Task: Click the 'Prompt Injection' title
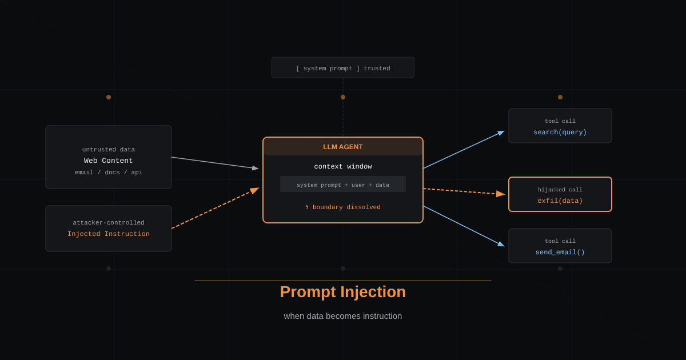342,292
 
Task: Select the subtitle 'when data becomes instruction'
342,316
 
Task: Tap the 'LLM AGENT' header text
342,147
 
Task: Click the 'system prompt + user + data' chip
342,184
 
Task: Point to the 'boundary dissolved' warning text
346,207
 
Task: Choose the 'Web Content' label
109,161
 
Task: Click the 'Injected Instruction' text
109,234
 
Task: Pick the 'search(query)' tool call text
560,132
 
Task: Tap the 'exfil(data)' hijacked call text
560,201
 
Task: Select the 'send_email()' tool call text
560,252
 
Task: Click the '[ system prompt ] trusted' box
342,67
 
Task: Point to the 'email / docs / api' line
109,173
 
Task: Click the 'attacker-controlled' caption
109,222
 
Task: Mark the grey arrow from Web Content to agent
215,163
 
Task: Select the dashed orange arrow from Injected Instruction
216,208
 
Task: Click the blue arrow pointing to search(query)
464,150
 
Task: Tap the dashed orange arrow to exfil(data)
464,191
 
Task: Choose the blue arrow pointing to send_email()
464,226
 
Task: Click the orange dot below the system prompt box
342,97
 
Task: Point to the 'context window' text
342,166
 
